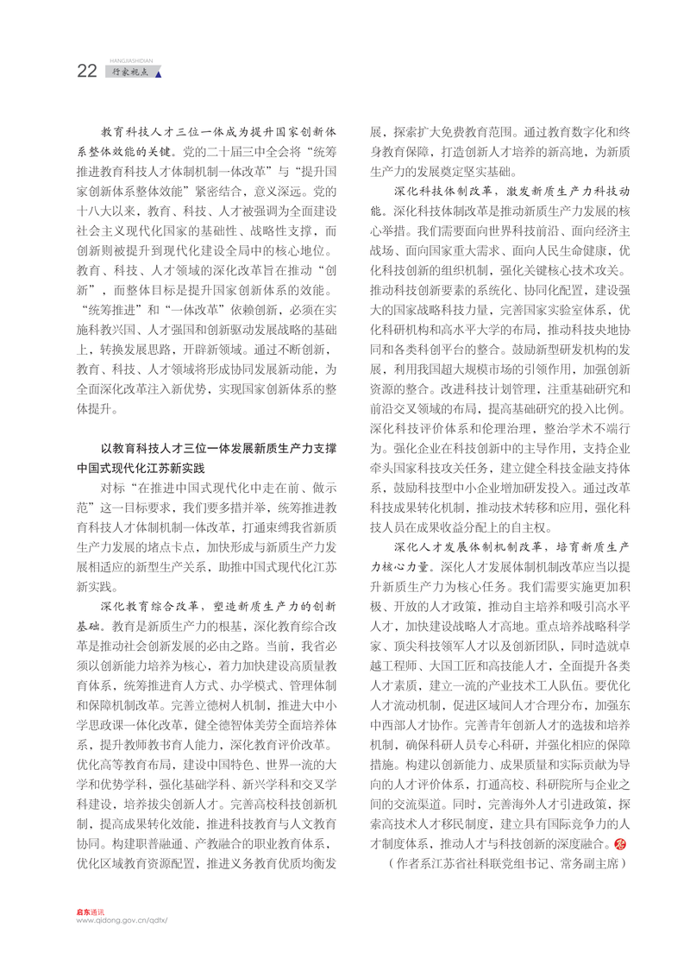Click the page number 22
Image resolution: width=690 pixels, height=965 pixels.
pyautogui.click(x=86, y=72)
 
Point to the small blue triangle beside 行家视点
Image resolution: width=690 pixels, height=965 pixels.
pyautogui.click(x=158, y=73)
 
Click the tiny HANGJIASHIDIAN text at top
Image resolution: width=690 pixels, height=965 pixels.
pyautogui.click(x=131, y=61)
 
